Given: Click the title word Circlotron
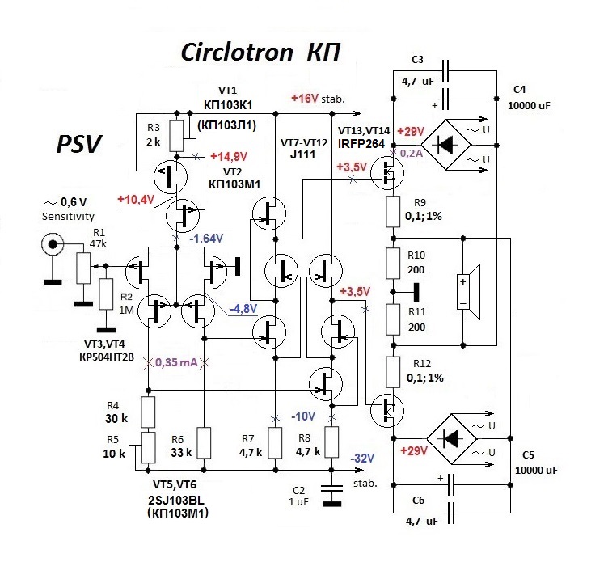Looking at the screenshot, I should click(236, 53).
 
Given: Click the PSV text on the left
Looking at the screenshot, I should click(79, 144).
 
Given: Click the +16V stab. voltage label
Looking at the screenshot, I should click(318, 99).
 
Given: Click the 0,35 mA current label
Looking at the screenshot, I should click(176, 361).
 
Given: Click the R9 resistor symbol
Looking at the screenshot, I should click(393, 213).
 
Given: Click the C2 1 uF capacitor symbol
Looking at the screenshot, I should click(330, 492).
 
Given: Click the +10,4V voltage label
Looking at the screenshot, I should click(137, 198).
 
